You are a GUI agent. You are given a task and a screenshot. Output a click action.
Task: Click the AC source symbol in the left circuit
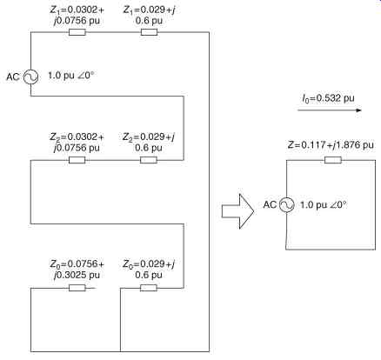pos(30,77)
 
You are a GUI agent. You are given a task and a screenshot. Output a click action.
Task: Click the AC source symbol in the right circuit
pos(287,205)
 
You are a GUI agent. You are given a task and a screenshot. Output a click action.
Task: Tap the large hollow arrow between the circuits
pos(238,211)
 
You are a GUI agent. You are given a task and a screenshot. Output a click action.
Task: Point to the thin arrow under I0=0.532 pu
pos(330,110)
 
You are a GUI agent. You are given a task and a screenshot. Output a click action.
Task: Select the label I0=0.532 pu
pos(328,98)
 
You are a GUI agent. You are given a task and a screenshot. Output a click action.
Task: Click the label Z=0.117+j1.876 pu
pos(331,144)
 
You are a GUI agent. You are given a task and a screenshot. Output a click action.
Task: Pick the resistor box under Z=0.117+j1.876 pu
pos(333,160)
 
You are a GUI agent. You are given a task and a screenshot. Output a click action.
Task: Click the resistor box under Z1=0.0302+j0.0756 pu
pos(77,32)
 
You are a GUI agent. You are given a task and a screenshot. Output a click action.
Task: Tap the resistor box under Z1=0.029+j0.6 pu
pos(149,32)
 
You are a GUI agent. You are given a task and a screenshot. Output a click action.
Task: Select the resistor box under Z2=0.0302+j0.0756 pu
pos(77,160)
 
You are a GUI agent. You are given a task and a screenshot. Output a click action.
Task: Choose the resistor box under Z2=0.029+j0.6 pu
pos(149,160)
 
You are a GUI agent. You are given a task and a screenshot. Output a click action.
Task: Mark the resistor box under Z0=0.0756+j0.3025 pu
pos(77,288)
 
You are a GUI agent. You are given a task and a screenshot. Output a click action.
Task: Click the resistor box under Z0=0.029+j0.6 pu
pos(149,288)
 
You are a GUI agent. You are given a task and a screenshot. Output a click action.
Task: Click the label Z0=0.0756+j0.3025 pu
pos(77,270)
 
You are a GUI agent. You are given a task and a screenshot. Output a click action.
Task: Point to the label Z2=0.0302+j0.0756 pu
pos(77,142)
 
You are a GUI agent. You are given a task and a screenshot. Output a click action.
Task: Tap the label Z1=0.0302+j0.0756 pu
pos(77,15)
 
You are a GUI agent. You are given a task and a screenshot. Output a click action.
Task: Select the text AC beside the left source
pos(13,77)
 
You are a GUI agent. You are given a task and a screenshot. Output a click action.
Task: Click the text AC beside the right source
pos(270,204)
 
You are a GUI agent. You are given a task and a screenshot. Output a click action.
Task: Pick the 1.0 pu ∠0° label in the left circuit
pos(70,76)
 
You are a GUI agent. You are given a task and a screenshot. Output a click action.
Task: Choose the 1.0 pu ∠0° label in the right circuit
pos(323,205)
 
